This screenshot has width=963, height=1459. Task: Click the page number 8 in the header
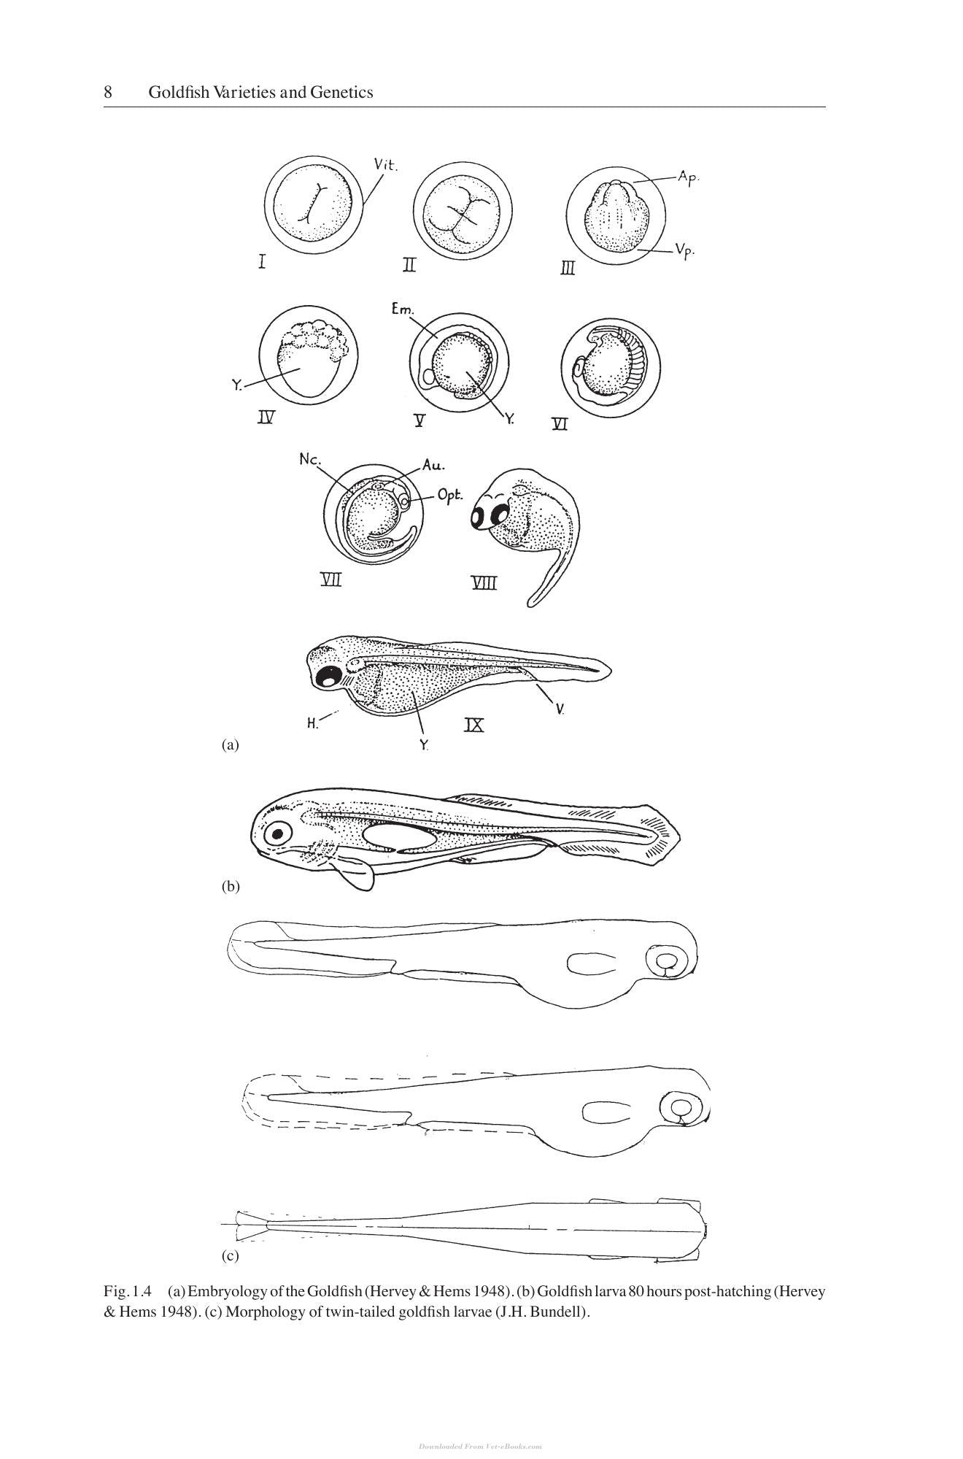click(108, 93)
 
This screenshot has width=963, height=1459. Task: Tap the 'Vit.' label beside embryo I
click(386, 164)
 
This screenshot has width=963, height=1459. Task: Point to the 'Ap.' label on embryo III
click(689, 177)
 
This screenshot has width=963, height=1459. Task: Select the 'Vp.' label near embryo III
click(684, 251)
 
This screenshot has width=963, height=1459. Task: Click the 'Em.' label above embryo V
click(402, 309)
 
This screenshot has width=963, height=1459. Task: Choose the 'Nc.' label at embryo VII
click(309, 459)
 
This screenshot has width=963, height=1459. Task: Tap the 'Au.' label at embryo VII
click(433, 464)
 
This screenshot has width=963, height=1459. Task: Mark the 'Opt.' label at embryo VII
click(450, 496)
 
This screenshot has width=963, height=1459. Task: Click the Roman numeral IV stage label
click(266, 418)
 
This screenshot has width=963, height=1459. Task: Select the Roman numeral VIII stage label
click(484, 582)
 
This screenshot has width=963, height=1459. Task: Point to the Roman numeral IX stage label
click(474, 725)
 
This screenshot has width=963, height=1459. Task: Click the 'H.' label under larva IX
click(312, 724)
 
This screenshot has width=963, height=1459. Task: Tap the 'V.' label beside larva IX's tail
click(560, 708)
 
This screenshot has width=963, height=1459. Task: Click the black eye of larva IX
click(328, 677)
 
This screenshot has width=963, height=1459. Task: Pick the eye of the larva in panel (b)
click(278, 833)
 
